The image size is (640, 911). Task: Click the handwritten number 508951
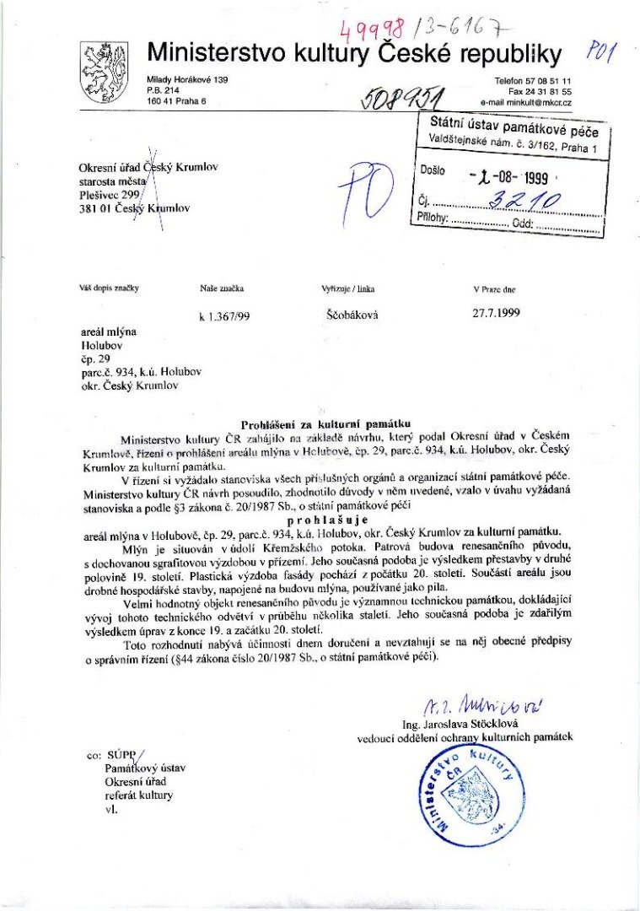(x=402, y=100)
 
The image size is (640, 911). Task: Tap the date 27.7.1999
(x=497, y=312)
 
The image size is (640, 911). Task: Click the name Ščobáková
(x=352, y=314)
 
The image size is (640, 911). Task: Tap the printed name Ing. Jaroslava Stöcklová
(x=471, y=723)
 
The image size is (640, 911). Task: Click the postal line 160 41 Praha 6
(x=176, y=101)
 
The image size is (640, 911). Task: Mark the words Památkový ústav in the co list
(x=145, y=768)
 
